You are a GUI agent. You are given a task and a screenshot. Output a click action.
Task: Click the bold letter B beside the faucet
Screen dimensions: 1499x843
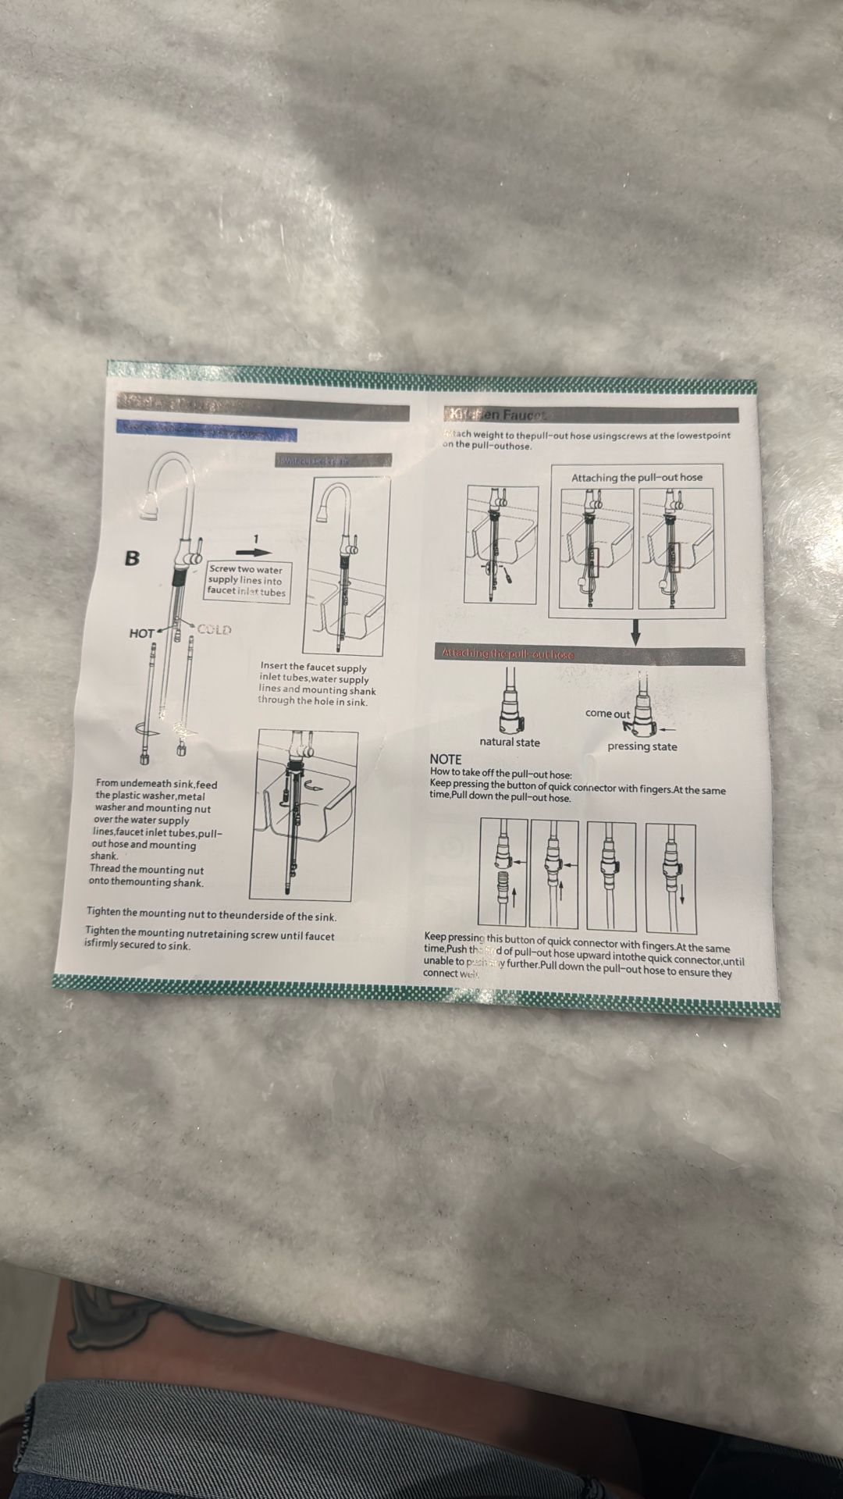tap(133, 558)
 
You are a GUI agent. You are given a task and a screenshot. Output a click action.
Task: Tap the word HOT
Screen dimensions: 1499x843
tap(141, 633)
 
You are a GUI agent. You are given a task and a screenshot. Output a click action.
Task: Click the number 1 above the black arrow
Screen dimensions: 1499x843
tap(256, 539)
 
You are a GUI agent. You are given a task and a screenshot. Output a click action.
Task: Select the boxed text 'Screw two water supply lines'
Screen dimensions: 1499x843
tap(246, 581)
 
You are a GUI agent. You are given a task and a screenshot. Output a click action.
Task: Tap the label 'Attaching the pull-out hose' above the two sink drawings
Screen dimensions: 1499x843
tap(636, 477)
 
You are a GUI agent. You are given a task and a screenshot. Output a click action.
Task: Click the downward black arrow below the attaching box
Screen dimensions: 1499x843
tap(635, 632)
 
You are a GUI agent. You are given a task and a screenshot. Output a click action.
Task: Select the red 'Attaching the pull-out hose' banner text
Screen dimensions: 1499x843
tap(507, 654)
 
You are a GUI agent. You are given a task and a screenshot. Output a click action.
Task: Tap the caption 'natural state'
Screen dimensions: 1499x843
tap(510, 742)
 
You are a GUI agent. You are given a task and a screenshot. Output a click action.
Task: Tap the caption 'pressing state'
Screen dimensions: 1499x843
tap(642, 746)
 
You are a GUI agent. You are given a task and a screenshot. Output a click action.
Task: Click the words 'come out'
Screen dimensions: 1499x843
tap(607, 714)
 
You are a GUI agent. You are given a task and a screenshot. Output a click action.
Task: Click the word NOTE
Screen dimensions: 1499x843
tap(445, 760)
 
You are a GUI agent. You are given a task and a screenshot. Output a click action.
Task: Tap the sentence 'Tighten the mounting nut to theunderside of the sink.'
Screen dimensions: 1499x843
tap(212, 914)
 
